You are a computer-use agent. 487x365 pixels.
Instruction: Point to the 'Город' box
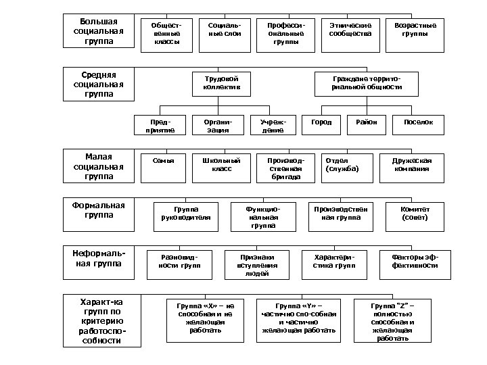coord(321,124)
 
